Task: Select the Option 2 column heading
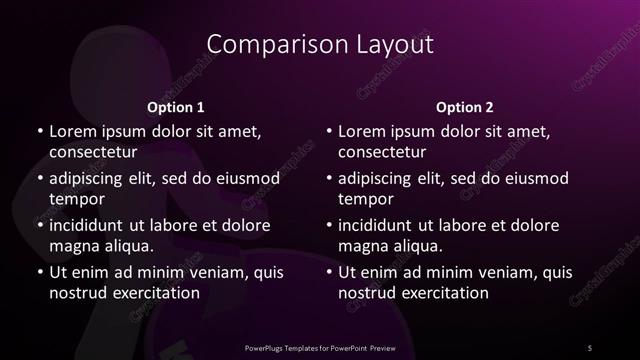click(x=465, y=107)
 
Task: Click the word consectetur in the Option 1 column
click(x=92, y=152)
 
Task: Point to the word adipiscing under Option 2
click(x=378, y=178)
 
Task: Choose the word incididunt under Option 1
click(x=89, y=225)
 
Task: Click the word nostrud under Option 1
click(x=77, y=293)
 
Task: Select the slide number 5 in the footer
click(x=590, y=347)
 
